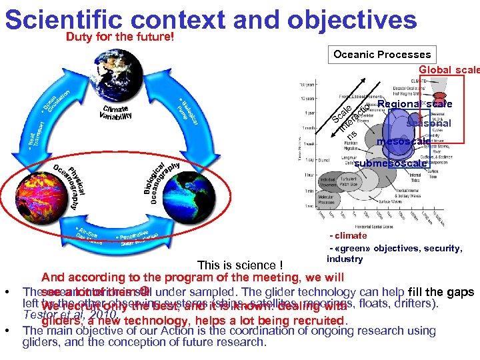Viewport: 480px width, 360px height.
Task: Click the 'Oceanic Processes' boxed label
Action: pos(382,55)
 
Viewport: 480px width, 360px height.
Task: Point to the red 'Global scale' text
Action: pos(449,70)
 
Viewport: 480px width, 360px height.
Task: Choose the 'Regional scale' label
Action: pos(414,104)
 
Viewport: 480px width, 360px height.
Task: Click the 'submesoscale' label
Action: pos(390,164)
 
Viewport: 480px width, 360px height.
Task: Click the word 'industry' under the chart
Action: pos(344,259)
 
